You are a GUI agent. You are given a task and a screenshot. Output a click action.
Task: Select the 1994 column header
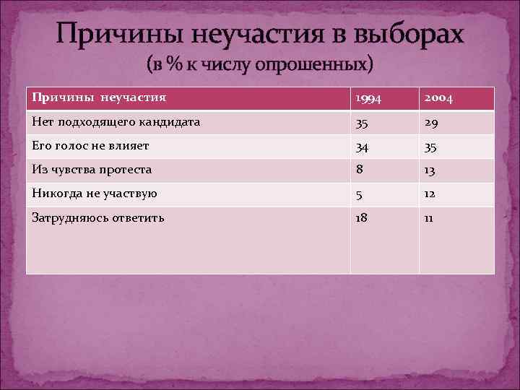368,99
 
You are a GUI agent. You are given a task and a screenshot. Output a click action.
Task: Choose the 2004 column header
439,99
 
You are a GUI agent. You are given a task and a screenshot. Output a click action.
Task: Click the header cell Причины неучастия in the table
99,96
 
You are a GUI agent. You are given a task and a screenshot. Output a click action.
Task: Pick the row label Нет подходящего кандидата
116,122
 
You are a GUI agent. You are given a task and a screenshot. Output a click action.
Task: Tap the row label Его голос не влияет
90,146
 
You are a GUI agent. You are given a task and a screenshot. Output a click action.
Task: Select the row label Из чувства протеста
92,170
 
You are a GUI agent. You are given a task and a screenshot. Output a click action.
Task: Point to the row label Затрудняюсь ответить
98,217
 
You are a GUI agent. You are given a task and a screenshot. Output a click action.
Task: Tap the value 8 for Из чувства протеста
358,171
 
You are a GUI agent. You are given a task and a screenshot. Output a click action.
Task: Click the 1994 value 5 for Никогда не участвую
358,196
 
